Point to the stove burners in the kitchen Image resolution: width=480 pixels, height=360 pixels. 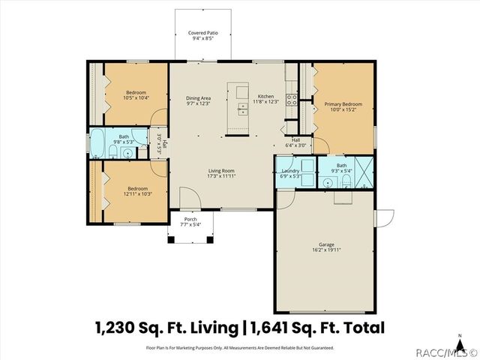(291, 97)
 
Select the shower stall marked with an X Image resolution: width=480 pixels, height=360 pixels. (364, 172)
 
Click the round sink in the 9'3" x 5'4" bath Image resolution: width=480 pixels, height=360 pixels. (329, 181)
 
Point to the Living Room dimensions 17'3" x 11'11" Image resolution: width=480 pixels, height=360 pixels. (222, 176)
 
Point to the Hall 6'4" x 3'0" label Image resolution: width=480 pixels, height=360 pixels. (295, 142)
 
